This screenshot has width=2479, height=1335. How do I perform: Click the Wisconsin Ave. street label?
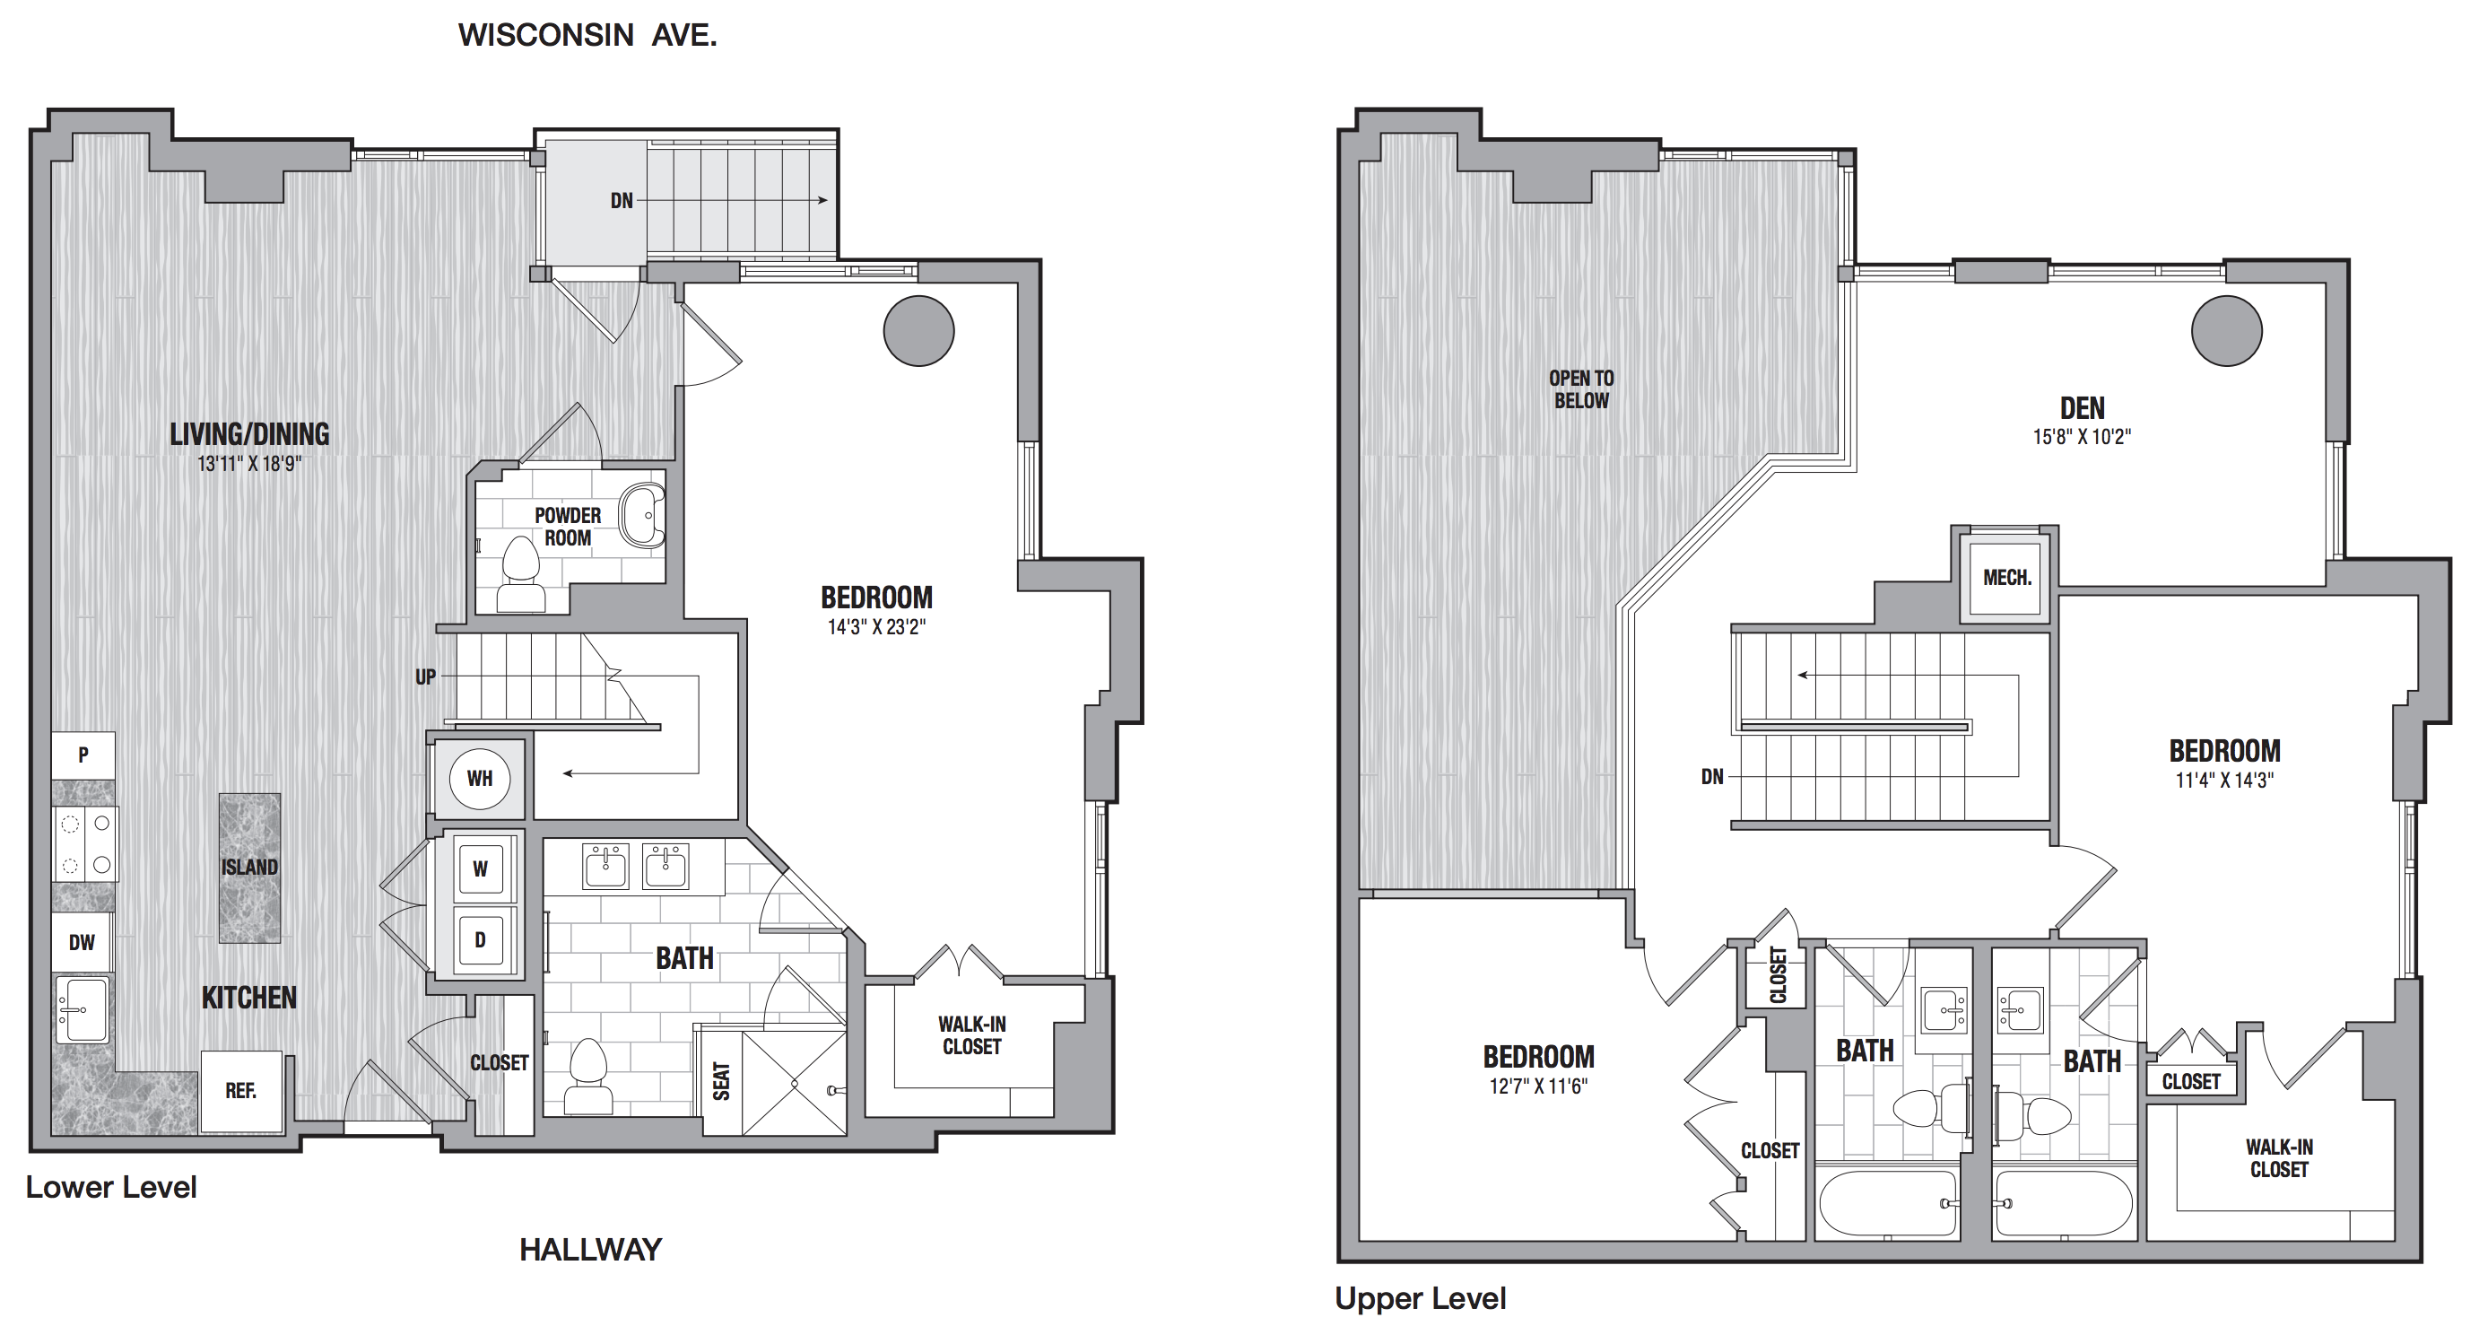[587, 36]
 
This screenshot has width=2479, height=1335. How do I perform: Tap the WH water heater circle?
[479, 778]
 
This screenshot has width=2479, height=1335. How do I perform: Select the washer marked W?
[479, 868]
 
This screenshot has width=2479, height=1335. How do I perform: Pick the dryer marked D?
[479, 939]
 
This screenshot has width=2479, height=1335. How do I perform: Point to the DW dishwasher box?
[82, 942]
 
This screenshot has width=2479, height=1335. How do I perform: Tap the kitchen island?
[249, 868]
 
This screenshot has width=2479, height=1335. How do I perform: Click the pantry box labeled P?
[83, 755]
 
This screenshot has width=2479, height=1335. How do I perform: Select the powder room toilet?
[520, 574]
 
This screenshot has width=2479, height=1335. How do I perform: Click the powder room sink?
[641, 516]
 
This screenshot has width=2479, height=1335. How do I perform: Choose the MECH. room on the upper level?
[2007, 578]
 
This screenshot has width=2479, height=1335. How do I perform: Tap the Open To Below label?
[1581, 389]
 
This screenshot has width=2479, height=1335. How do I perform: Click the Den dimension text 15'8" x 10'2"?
[2082, 437]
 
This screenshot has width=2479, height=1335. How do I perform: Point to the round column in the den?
[2227, 330]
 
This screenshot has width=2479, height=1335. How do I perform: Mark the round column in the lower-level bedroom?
[919, 330]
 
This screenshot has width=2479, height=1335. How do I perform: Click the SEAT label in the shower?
[722, 1081]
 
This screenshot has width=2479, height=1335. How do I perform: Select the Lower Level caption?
[111, 1188]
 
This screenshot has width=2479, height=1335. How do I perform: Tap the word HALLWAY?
[591, 1250]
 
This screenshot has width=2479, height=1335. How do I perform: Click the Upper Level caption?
[1421, 1299]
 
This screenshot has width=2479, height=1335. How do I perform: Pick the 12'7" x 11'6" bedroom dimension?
[1539, 1086]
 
